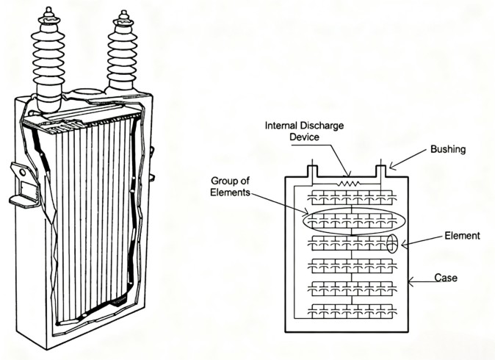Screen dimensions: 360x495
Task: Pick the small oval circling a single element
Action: pyautogui.click(x=391, y=244)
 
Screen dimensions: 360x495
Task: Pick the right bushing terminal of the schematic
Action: pyautogui.click(x=382, y=170)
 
